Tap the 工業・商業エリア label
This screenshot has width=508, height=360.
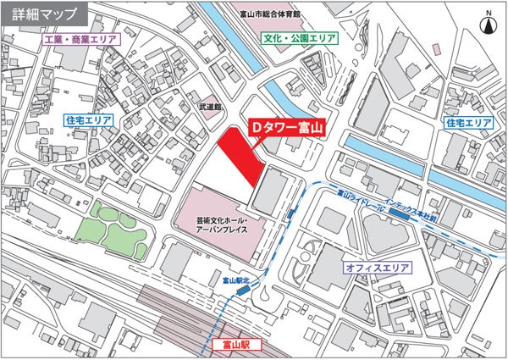(x=81, y=40)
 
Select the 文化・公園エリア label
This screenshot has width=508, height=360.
(x=300, y=39)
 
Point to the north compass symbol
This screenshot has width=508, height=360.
(x=489, y=26)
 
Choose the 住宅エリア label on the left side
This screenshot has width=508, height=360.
(x=88, y=121)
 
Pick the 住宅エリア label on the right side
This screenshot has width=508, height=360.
(x=469, y=124)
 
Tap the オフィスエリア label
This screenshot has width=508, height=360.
(x=377, y=268)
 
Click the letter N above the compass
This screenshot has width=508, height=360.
(x=489, y=13)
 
